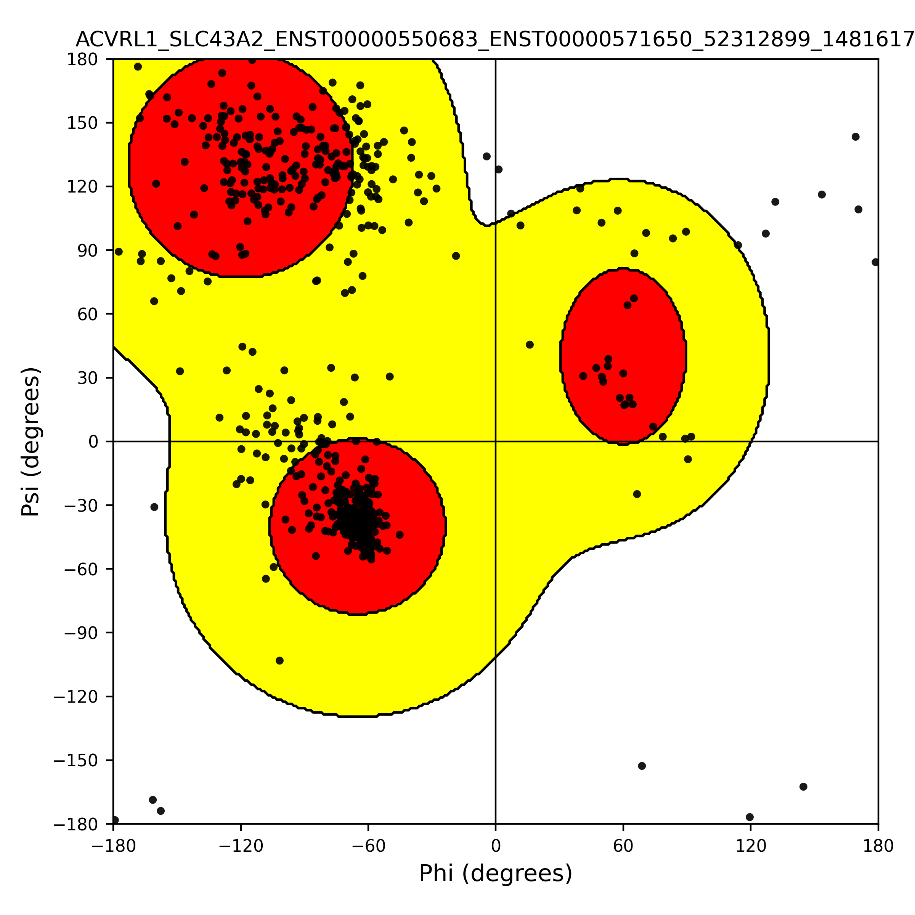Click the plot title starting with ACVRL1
[x=495, y=39]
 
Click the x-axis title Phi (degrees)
[x=495, y=873]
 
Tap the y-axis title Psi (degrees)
[x=31, y=441]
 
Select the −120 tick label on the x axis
[x=241, y=846]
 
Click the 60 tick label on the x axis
[x=623, y=846]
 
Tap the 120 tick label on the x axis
[x=751, y=846]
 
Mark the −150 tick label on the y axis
[x=76, y=761]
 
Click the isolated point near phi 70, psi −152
[x=642, y=766]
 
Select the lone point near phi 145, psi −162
[x=803, y=787]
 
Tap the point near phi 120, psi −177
[x=750, y=817]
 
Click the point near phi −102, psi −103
[x=279, y=661]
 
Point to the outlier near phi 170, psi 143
[x=855, y=137]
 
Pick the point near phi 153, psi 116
[x=822, y=195]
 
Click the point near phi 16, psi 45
[x=530, y=345]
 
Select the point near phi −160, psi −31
[x=154, y=507]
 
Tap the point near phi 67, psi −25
[x=637, y=494]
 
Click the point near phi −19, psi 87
[x=456, y=256]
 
